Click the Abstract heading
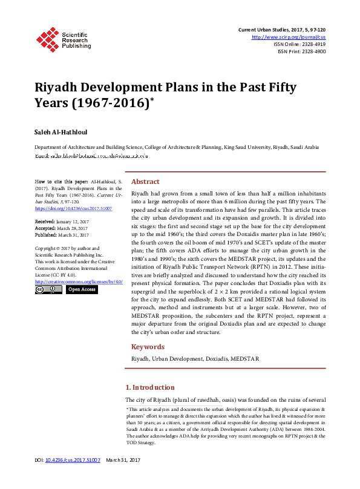click(145, 182)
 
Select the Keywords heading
click(148, 347)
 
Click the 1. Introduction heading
click(149, 387)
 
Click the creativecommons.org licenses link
click(79, 281)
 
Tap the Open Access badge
click(82, 289)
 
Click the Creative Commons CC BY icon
click(48, 289)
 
